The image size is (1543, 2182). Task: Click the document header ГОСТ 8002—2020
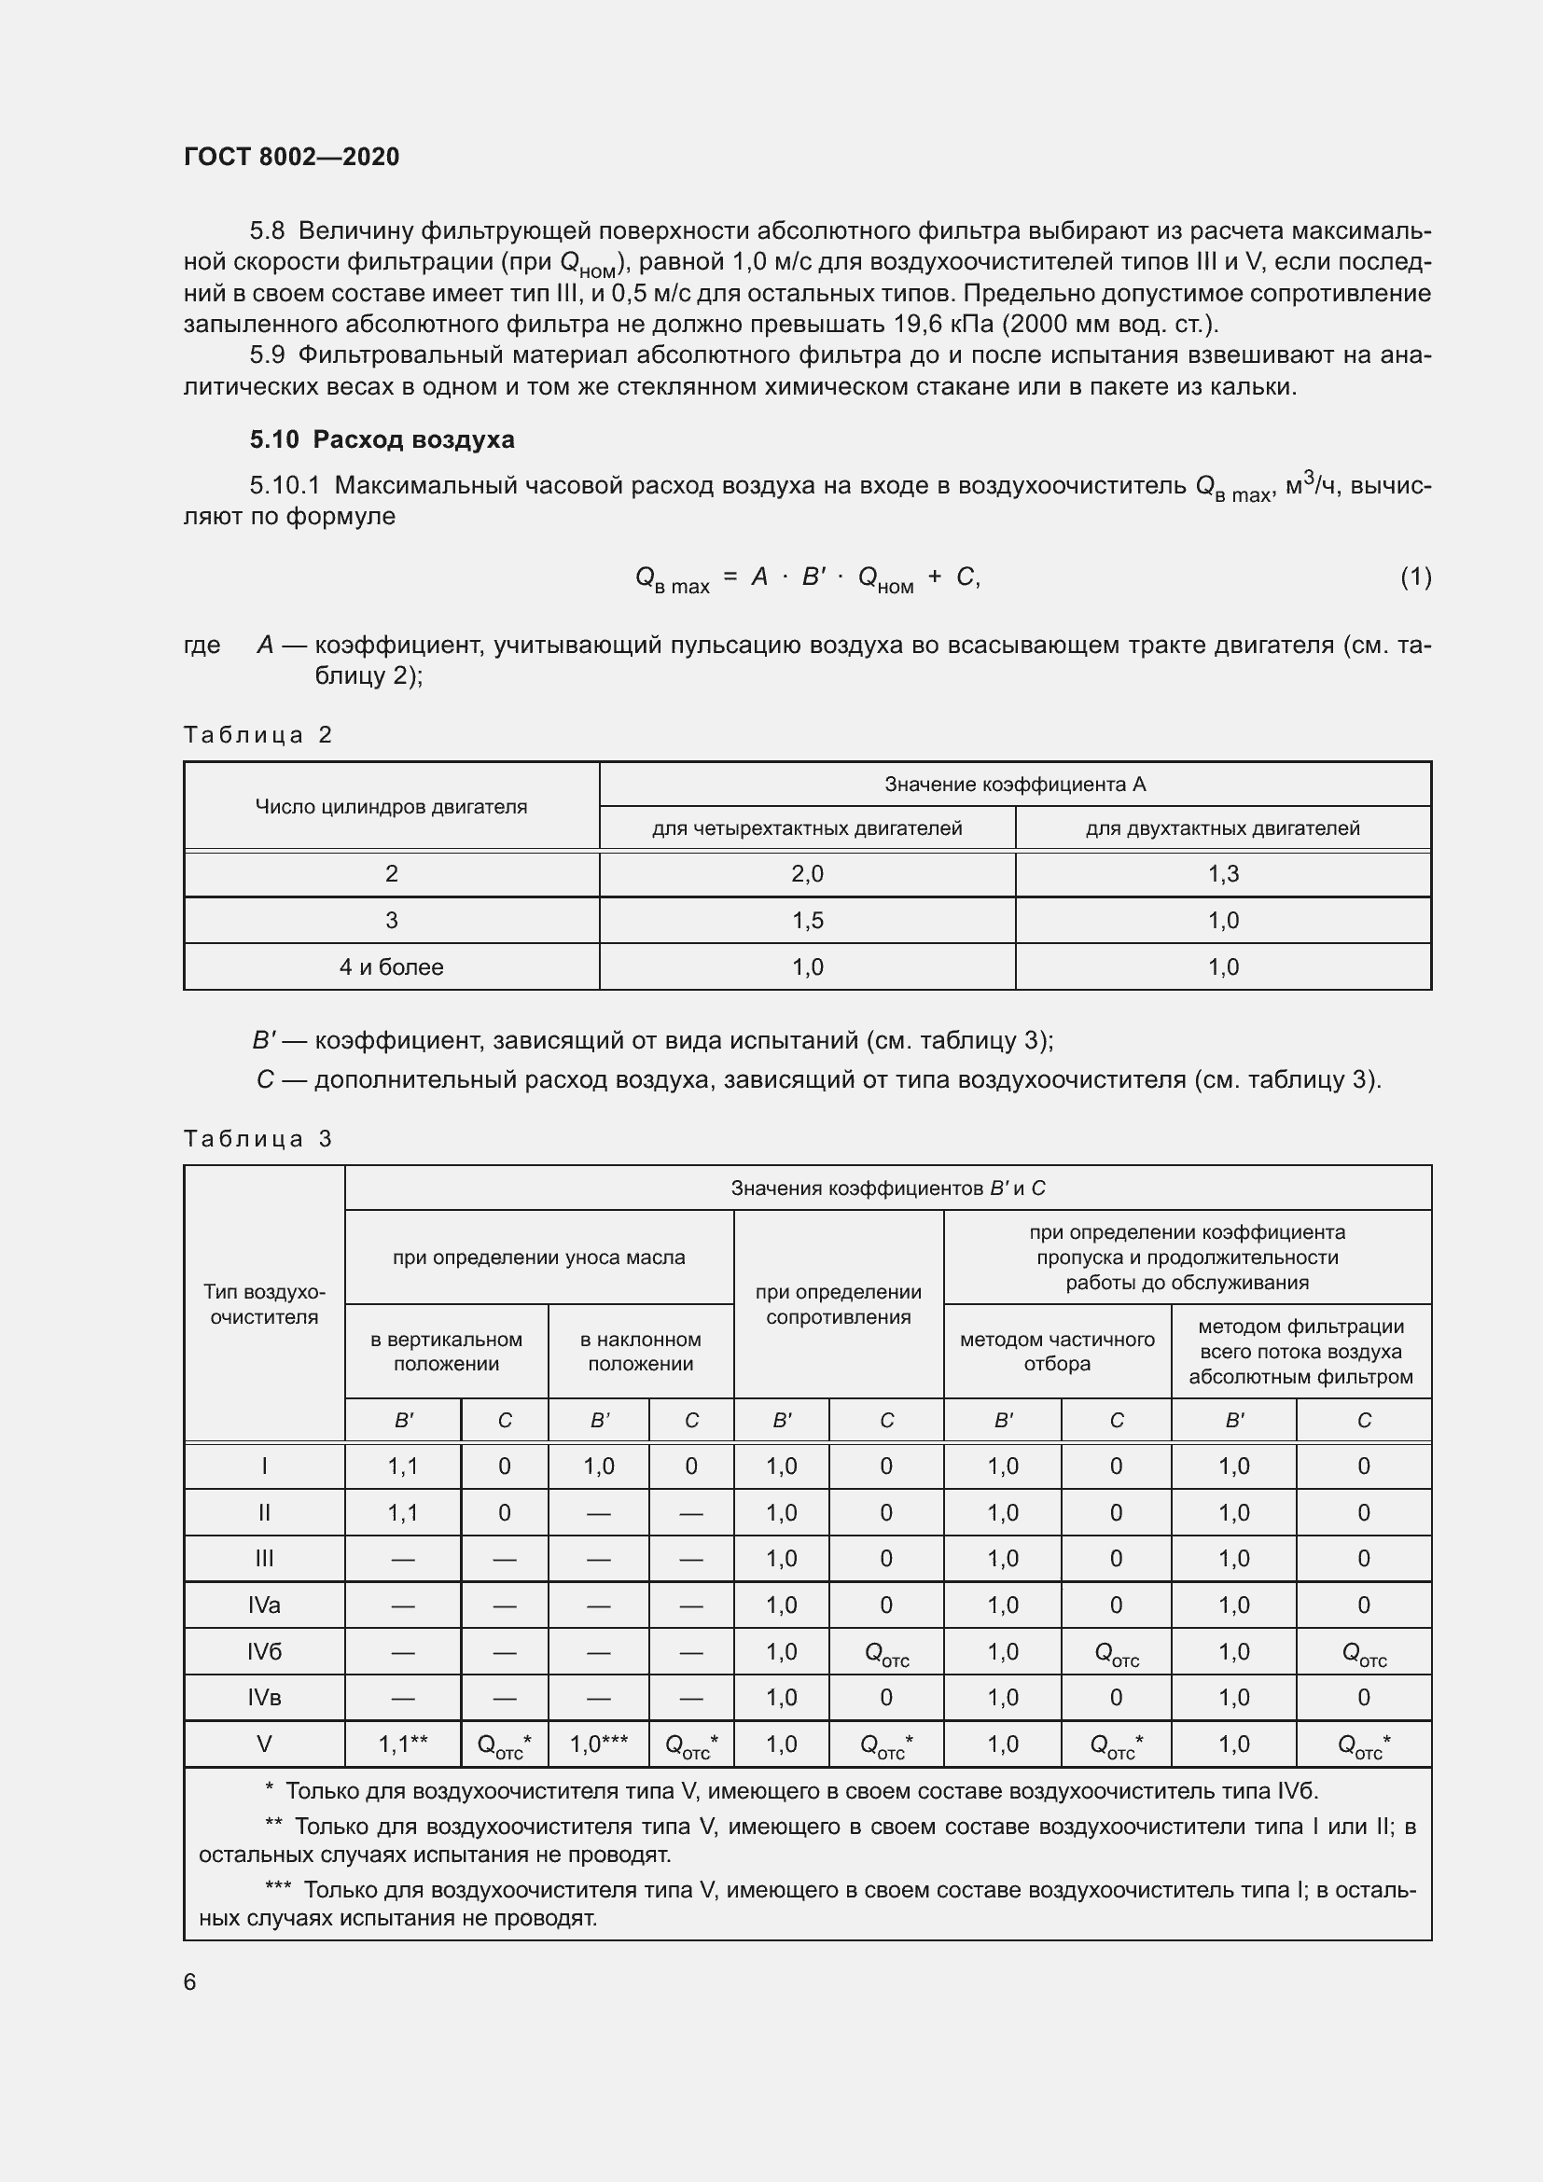click(292, 157)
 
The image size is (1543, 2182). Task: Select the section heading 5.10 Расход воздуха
click(382, 439)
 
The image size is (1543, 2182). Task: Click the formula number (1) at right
click(1415, 577)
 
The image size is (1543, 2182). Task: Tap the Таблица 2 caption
click(257, 734)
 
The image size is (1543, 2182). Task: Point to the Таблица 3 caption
click(257, 1138)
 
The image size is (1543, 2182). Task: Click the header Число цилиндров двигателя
click(391, 806)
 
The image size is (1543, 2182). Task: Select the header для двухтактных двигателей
click(1222, 827)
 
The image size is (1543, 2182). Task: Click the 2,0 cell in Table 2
click(807, 873)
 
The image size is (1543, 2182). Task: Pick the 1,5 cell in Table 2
click(807, 920)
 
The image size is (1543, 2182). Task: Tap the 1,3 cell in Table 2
click(1222, 873)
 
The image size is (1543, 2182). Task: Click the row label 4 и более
click(391, 966)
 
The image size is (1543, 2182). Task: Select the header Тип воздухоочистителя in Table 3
click(264, 1304)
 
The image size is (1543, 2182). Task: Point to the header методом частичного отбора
click(1057, 1351)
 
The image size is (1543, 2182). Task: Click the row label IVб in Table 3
click(264, 1652)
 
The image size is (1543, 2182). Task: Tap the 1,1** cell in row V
click(403, 1744)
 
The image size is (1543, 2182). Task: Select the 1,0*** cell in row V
click(599, 1744)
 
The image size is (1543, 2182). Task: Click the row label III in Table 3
click(264, 1559)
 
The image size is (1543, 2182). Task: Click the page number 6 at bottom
click(190, 1981)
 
